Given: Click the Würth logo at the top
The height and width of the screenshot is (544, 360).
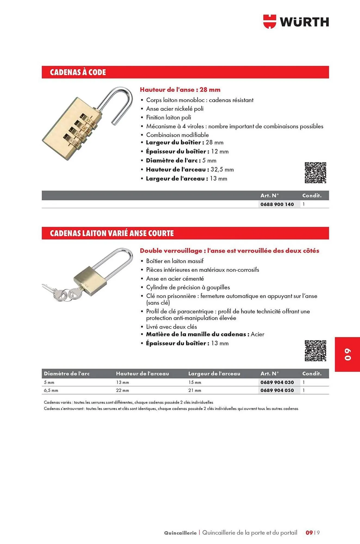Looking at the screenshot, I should [x=296, y=22].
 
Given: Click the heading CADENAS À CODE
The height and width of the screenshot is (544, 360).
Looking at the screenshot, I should [x=78, y=72].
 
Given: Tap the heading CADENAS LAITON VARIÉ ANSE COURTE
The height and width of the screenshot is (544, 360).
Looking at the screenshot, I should [x=112, y=233].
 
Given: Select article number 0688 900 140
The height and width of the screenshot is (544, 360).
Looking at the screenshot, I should [x=277, y=204].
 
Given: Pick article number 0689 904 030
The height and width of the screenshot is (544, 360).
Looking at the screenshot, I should [x=277, y=382].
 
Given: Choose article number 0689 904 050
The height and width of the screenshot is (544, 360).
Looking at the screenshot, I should [x=277, y=390].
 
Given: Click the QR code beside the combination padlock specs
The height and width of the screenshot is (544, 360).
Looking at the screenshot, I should [x=315, y=173].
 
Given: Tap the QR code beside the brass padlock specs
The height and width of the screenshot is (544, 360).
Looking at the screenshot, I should [x=315, y=351].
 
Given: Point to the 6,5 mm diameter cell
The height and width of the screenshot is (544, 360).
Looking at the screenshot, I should [x=51, y=391].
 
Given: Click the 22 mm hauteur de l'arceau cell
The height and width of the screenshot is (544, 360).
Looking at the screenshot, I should [x=122, y=391].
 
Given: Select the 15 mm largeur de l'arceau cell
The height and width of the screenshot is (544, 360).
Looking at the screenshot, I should [x=195, y=382].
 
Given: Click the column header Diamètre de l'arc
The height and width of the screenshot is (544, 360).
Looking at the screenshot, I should [x=67, y=374].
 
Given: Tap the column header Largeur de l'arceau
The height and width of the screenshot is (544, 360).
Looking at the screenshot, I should [x=214, y=374].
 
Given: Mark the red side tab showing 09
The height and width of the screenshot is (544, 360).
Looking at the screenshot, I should [x=347, y=354].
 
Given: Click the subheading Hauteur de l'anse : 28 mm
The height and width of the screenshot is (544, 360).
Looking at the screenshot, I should [x=180, y=90].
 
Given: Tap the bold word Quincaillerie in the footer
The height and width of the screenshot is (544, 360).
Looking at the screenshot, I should [x=180, y=533].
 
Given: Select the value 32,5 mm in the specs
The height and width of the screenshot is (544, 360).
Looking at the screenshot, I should [x=222, y=170].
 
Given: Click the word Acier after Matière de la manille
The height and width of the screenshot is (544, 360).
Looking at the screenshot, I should [x=257, y=334].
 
